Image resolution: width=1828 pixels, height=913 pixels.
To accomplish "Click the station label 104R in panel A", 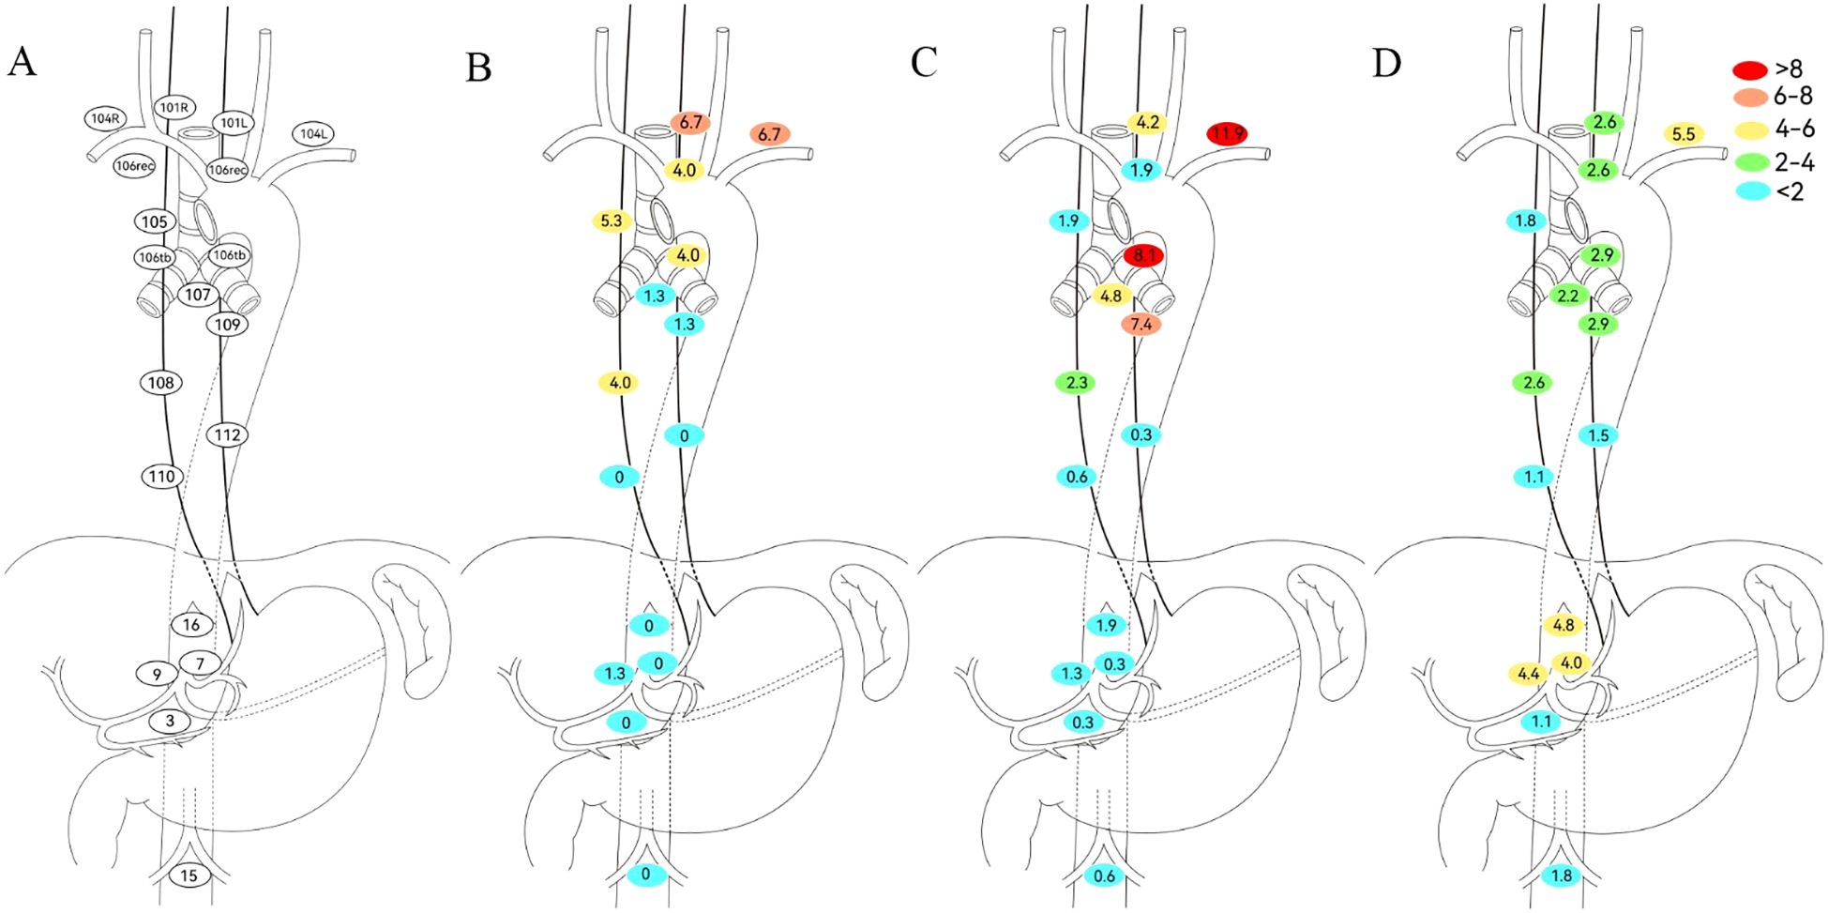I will [x=105, y=118].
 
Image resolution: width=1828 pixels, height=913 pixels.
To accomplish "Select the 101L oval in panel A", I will [x=234, y=123].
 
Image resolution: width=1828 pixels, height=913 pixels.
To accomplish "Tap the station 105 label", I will [x=154, y=221].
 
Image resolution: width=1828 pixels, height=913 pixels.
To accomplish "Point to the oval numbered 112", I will [x=227, y=435].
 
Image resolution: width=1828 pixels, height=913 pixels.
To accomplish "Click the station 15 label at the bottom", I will [x=189, y=875].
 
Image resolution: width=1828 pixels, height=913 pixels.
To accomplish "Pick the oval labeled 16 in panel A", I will [x=191, y=625].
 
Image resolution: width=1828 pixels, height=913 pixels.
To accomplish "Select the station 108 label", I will [x=160, y=383].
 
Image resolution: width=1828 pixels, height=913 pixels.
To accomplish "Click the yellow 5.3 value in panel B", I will [x=611, y=221].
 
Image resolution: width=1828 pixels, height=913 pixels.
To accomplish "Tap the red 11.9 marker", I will [x=1227, y=134].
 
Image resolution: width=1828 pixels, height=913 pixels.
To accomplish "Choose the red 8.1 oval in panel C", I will [x=1143, y=255].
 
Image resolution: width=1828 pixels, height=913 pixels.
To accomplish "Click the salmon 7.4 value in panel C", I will [x=1141, y=325].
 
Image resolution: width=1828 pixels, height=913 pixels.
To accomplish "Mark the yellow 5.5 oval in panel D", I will [x=1684, y=134].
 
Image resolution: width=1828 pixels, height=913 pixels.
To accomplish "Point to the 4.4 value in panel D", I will [x=1528, y=674].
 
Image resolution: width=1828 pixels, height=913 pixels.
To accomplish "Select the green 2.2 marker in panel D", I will [x=1568, y=296].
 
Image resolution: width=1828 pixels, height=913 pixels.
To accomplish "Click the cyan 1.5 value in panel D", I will [x=1598, y=435].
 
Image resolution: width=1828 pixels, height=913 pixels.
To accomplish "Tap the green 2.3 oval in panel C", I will [x=1077, y=383].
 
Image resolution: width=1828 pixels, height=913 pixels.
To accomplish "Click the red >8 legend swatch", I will [x=1749, y=69].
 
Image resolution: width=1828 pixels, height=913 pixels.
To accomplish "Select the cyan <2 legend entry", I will [x=1749, y=190].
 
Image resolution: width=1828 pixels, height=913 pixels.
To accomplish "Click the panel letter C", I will [x=923, y=63].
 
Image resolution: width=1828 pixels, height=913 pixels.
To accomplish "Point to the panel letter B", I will [x=478, y=68].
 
